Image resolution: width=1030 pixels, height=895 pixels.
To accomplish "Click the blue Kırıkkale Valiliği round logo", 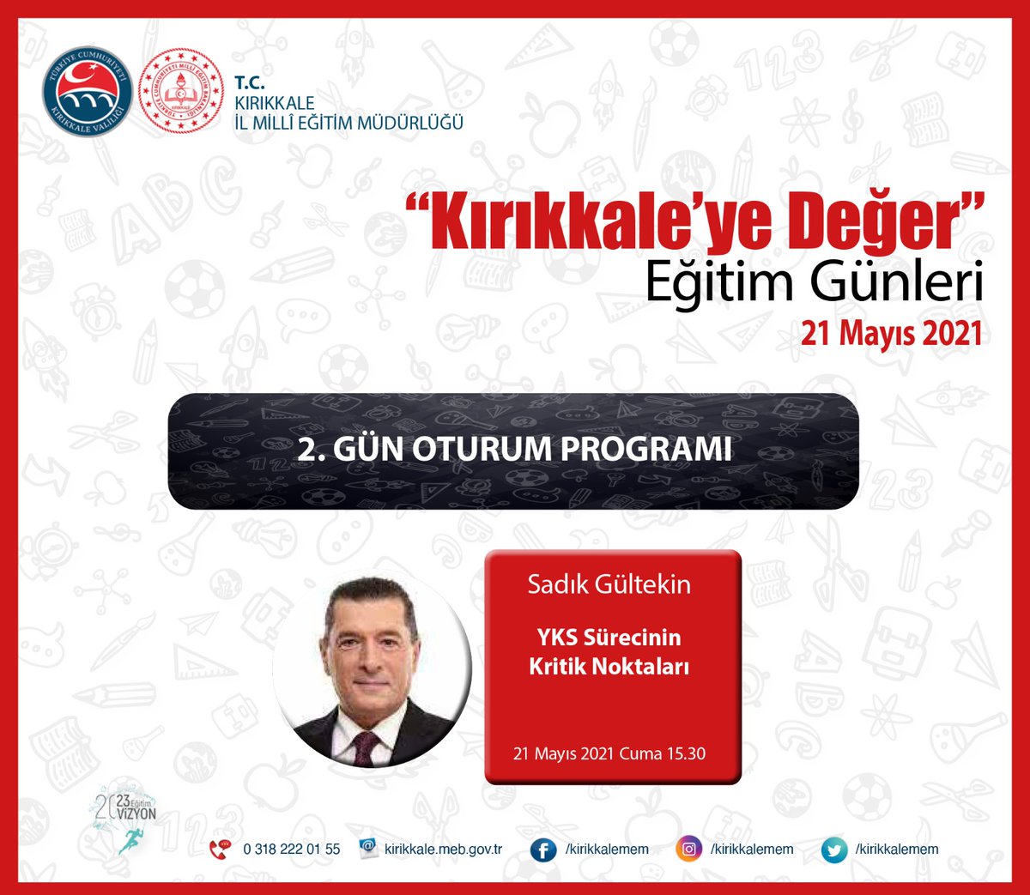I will pyautogui.click(x=88, y=91).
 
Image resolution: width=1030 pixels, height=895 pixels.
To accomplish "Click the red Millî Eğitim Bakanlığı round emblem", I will pyautogui.click(x=180, y=91).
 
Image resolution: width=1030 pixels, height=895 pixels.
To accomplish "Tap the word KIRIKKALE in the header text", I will pyautogui.click(x=275, y=103).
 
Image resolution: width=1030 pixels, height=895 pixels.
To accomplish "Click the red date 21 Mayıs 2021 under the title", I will pyautogui.click(x=891, y=333).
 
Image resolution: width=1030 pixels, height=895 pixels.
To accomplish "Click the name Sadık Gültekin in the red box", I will pyautogui.click(x=609, y=584).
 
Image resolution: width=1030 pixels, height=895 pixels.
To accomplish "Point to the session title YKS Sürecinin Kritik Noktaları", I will pyautogui.click(x=609, y=651).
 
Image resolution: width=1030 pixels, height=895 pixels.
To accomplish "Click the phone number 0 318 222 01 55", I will pyautogui.click(x=291, y=849).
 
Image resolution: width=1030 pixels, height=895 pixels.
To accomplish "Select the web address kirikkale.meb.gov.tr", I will pyautogui.click(x=443, y=849).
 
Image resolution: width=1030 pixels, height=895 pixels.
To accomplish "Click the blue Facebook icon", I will pyautogui.click(x=542, y=850).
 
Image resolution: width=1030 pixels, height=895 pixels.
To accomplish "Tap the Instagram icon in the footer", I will pyautogui.click(x=688, y=850).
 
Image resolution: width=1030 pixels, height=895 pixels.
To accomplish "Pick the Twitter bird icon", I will pyautogui.click(x=833, y=850).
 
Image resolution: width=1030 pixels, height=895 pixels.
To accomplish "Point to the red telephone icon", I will pyautogui.click(x=221, y=849).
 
